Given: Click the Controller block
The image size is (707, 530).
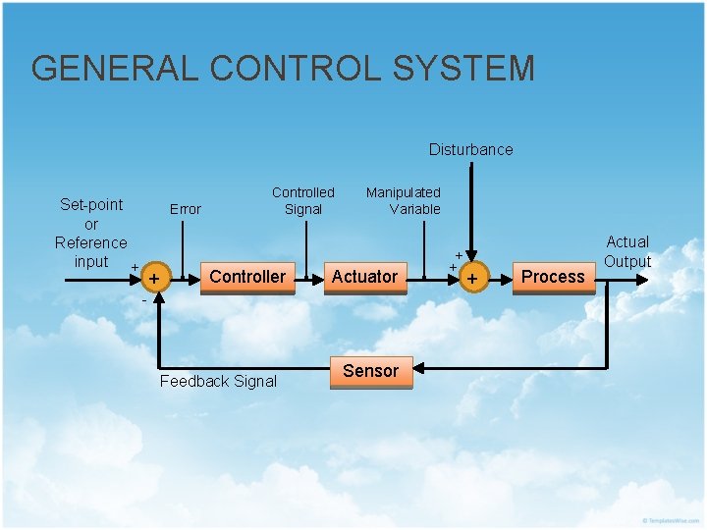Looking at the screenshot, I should point(247,277).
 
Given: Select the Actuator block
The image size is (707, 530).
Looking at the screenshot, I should point(364,277).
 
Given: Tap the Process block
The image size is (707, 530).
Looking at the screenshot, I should point(553,277).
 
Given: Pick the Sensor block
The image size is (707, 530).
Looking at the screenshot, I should point(370,371).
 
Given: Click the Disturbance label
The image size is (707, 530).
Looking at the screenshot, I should point(470,149).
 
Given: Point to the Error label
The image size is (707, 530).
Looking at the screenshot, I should point(185,209).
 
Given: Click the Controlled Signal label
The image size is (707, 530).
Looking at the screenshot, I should point(302,200).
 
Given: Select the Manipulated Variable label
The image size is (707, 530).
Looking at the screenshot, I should point(403,200).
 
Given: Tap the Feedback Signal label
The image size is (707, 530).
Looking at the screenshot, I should point(218,381).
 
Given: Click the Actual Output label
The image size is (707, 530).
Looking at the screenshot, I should point(627,251).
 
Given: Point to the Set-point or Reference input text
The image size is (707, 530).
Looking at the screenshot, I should point(90,233).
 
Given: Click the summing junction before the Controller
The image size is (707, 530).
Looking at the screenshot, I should point(153,280).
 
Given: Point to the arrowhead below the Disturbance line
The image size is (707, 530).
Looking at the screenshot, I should point(472,255).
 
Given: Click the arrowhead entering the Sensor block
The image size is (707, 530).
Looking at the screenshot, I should point(418,370).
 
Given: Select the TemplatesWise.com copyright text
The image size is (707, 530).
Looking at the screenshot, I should point(672,519).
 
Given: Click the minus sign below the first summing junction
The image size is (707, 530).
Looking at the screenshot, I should point(143,300).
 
